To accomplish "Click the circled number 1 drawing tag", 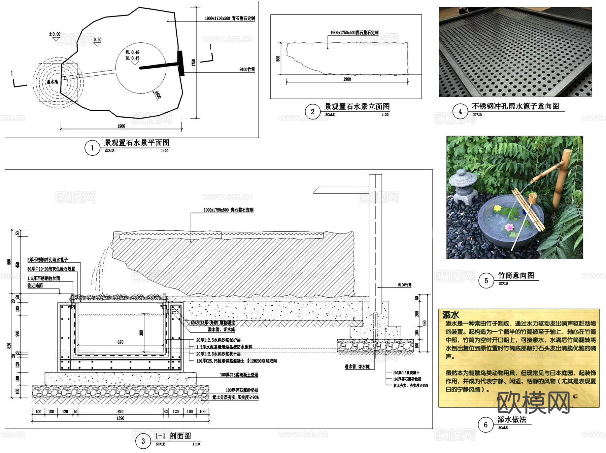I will pyautogui.click(x=92, y=148).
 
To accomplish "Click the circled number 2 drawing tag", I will pyautogui.click(x=312, y=112).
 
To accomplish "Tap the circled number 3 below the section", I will pyautogui.click(x=143, y=441).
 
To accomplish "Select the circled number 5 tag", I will pyautogui.click(x=486, y=280).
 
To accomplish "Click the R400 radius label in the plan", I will pyautogui.click(x=158, y=95).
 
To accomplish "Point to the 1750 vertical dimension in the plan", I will pyautogui.click(x=194, y=63).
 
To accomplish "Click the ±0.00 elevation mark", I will pyautogui.click(x=55, y=34).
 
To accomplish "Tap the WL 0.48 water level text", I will pyautogui.click(x=132, y=52).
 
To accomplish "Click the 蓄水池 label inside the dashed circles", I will pyautogui.click(x=52, y=82).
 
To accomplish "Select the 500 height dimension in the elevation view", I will pyautogui.click(x=278, y=59).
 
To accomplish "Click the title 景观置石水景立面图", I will pyautogui.click(x=357, y=107).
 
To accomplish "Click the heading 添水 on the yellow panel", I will pyautogui.click(x=450, y=315).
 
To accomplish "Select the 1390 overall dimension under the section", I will pyautogui.click(x=120, y=418).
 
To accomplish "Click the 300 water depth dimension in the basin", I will pyautogui.click(x=141, y=333).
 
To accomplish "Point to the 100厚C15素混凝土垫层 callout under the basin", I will pyautogui.click(x=239, y=375).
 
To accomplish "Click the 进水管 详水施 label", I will pyautogui.click(x=357, y=367).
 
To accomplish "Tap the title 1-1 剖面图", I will pyautogui.click(x=173, y=436).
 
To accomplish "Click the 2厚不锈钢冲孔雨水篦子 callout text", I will pyautogui.click(x=47, y=260).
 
